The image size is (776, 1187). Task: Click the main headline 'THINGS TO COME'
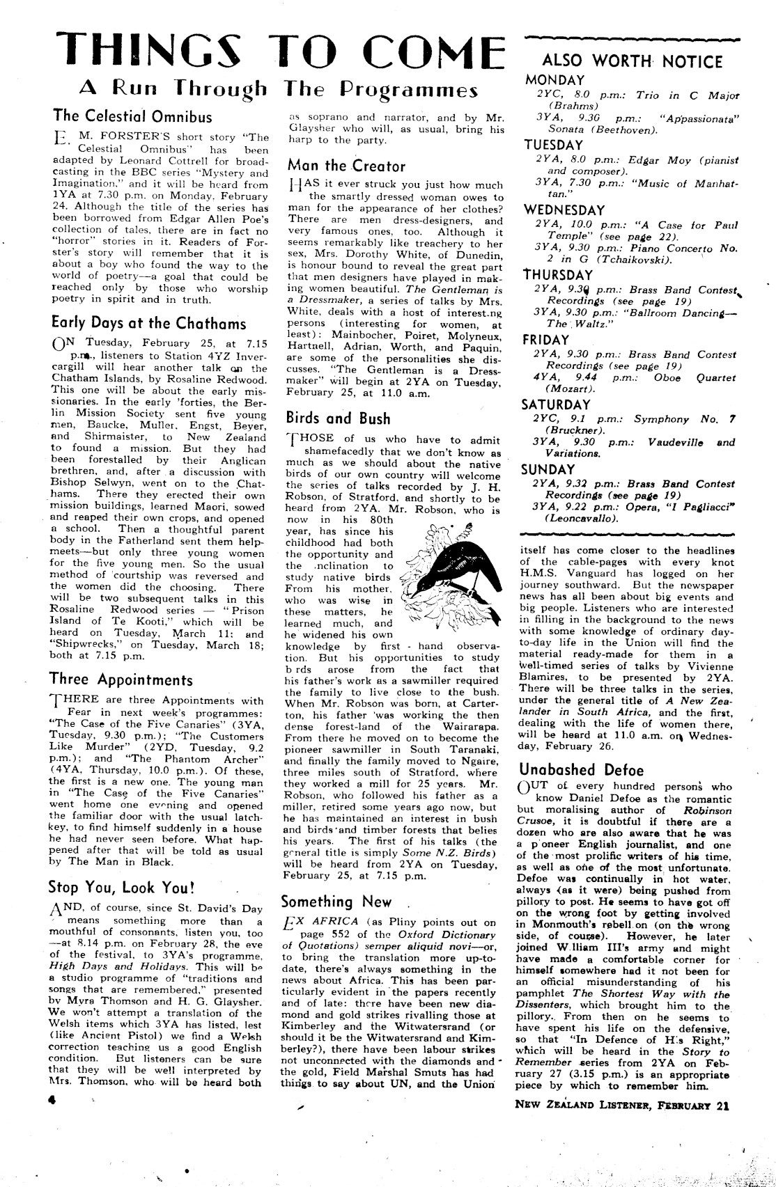pos(281,49)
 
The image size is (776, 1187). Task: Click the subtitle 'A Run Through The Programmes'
pos(279,89)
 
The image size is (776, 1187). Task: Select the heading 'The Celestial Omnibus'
pos(132,116)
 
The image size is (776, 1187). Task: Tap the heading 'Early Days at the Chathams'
pos(148,323)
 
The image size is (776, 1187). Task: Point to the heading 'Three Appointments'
pos(121,679)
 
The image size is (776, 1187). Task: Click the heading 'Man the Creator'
pos(346,166)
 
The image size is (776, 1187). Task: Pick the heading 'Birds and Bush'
pos(338,418)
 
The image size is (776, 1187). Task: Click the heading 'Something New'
pos(336,902)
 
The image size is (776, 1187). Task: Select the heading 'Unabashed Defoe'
pos(582,770)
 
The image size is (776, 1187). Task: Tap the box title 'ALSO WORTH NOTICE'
pos(632,61)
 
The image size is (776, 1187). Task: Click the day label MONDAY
pos(554,80)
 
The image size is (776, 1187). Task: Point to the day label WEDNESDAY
pos(564,210)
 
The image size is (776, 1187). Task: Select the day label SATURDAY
pos(557,404)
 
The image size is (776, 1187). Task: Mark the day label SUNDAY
pos(548,469)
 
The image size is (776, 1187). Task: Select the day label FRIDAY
pos(546,340)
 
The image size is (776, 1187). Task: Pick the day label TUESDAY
pos(553,145)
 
